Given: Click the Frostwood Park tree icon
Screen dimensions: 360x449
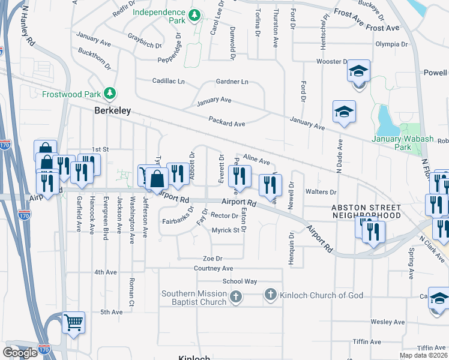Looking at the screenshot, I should pos(109,93).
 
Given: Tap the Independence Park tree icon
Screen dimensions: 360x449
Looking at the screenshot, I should pos(194,14).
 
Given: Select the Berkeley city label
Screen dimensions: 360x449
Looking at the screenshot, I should pos(112,112).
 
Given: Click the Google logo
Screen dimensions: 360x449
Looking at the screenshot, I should pos(20,353).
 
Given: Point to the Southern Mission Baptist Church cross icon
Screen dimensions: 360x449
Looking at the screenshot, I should pos(237,296).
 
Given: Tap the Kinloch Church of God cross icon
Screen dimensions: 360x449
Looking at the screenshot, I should pos(270,295).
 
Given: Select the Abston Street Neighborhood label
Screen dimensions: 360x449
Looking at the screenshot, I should pos(366,211).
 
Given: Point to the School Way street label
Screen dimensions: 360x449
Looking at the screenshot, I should pos(240,281).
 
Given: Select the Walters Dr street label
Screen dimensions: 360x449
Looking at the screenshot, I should pos(321,192).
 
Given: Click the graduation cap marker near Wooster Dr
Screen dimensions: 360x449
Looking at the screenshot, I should pos(358,71).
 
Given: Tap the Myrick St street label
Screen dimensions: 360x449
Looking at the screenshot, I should pos(225,230).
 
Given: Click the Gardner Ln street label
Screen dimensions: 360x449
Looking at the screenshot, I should pos(232,82).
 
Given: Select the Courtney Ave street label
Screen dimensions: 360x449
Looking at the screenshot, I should pos(213,269).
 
